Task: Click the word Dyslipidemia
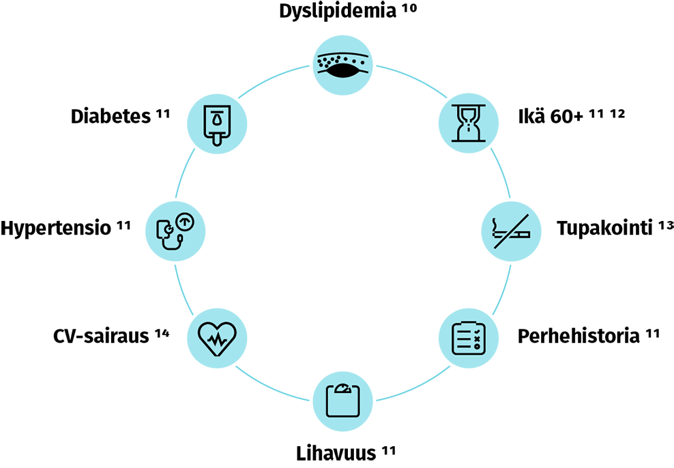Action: (x=337, y=12)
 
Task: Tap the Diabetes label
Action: (x=110, y=117)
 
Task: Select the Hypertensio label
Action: (x=56, y=227)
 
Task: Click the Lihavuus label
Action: (x=336, y=454)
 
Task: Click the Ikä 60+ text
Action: (x=550, y=117)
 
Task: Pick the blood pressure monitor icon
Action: (x=175, y=229)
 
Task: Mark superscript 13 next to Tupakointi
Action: (x=666, y=224)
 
